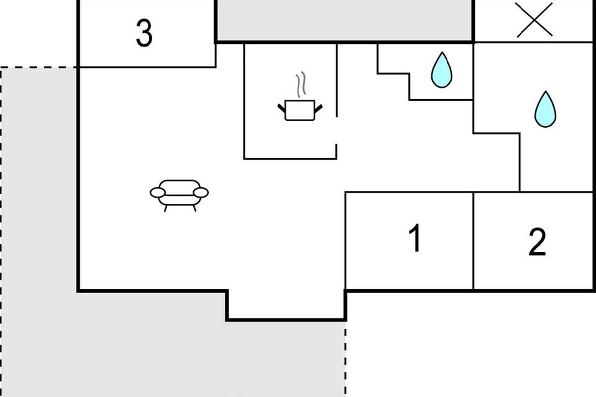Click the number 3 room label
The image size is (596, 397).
[x=144, y=33]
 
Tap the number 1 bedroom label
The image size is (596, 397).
[x=415, y=238]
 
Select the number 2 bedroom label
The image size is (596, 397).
[x=537, y=242]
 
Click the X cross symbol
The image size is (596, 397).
[x=534, y=20]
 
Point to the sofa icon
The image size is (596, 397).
[x=179, y=196]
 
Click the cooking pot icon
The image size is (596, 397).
[x=300, y=110]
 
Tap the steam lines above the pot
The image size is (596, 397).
[x=301, y=84]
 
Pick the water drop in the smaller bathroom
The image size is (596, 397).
[x=442, y=70]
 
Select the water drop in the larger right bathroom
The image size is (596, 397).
[x=545, y=109]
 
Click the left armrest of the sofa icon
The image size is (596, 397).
[x=158, y=192]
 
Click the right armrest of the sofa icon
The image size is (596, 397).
[x=201, y=192]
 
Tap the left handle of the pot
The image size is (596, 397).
[x=282, y=108]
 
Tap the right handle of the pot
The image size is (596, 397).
[x=318, y=108]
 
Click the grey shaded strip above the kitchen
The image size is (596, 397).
[x=344, y=20]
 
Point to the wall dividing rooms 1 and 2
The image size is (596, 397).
[x=473, y=241]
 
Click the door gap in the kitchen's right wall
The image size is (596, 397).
[x=337, y=131]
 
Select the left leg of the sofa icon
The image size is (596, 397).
[x=166, y=208]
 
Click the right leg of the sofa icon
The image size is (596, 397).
[x=195, y=208]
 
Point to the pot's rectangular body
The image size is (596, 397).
[x=300, y=110]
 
